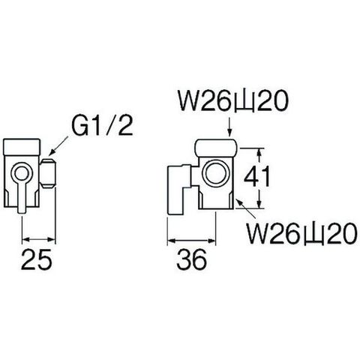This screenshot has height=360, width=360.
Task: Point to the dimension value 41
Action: click(x=257, y=176)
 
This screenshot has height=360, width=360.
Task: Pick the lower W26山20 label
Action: click(x=301, y=233)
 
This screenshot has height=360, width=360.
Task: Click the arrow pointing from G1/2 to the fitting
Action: click(x=59, y=145)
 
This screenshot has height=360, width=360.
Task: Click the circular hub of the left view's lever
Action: click(x=22, y=172)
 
